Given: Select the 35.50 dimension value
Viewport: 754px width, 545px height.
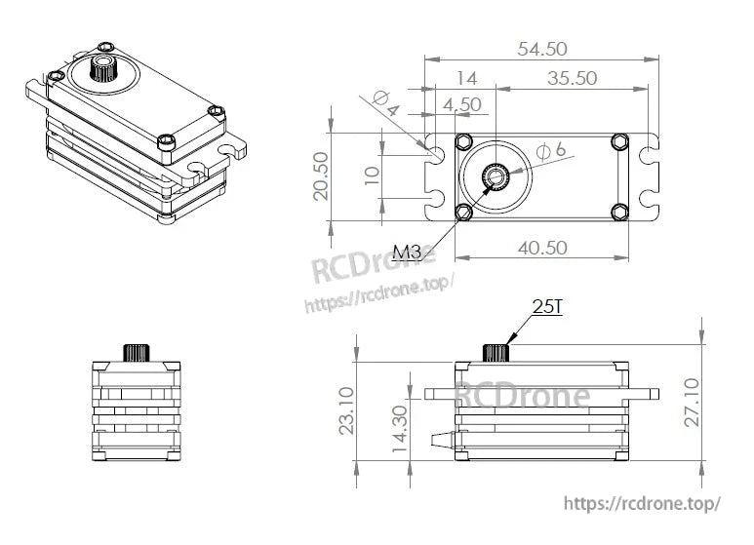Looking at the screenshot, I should pyautogui.click(x=572, y=78).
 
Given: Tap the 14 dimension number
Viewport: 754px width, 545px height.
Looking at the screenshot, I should pyautogui.click(x=466, y=78).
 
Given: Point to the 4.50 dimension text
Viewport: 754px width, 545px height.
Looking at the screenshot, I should pyautogui.click(x=461, y=103).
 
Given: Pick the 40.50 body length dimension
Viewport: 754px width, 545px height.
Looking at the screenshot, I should pyautogui.click(x=542, y=248).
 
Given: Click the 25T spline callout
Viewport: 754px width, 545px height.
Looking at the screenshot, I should pyautogui.click(x=548, y=307).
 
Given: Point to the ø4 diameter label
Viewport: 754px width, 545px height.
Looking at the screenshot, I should pyautogui.click(x=384, y=103).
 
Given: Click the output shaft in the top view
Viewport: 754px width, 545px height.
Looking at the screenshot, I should pyautogui.click(x=495, y=177).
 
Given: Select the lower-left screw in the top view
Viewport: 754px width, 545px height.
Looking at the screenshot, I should pyautogui.click(x=465, y=212).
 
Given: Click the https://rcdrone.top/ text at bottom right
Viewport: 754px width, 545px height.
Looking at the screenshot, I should pyautogui.click(x=642, y=503).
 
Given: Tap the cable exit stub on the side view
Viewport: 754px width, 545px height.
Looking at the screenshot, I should pyautogui.click(x=439, y=437).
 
